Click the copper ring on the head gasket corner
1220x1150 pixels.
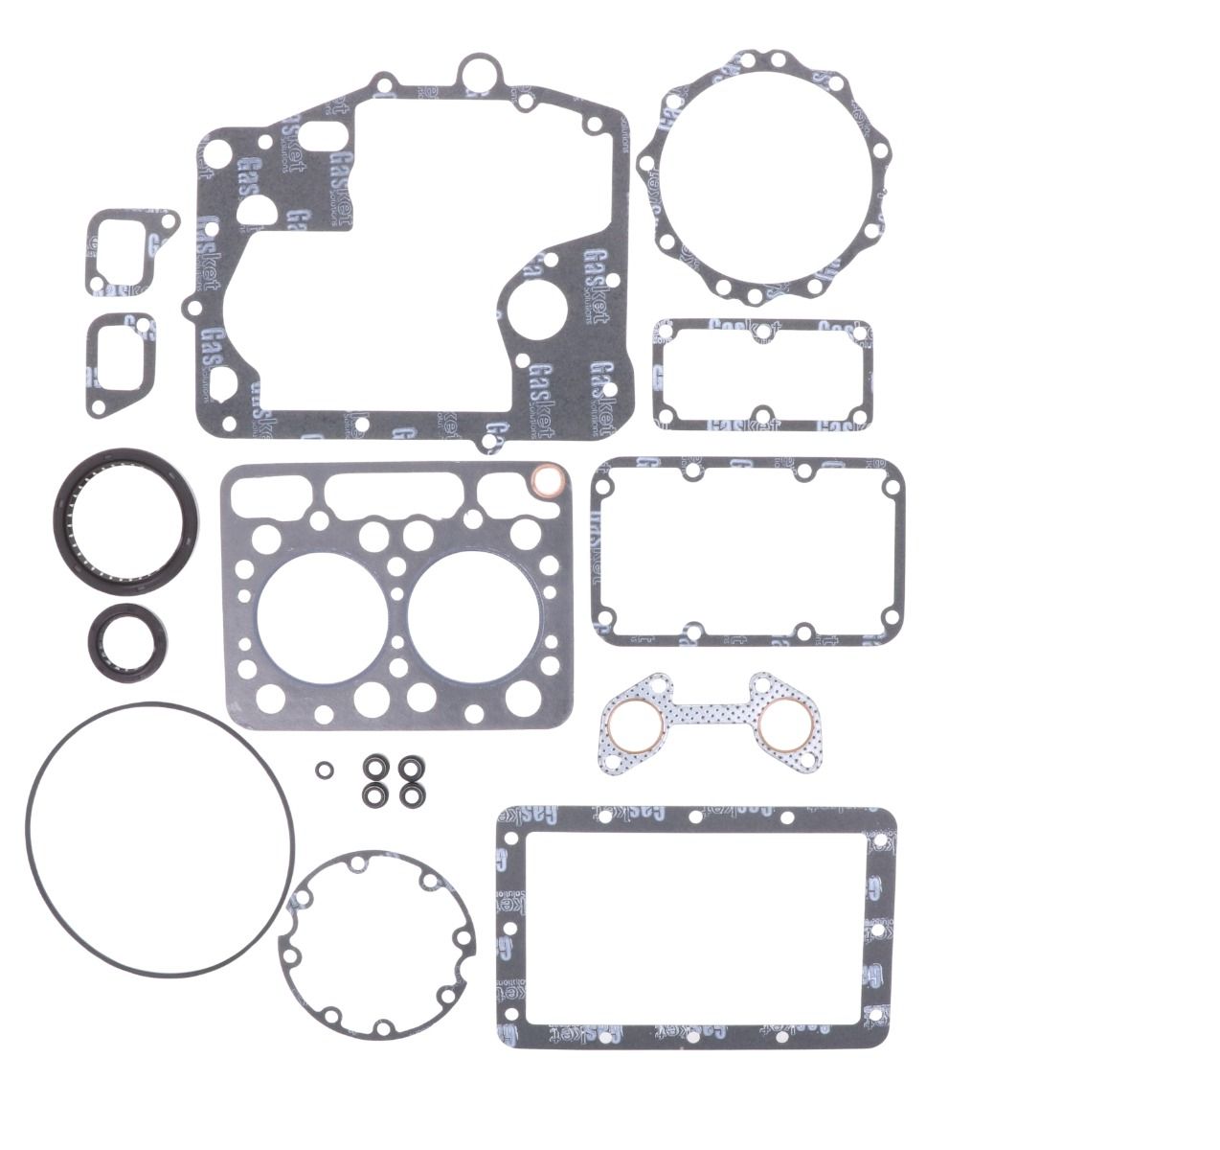coord(545,476)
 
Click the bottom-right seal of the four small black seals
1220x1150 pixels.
coord(411,795)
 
